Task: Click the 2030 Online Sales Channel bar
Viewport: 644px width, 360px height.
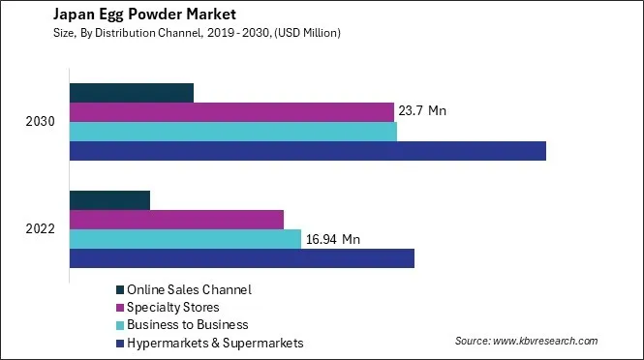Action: [x=132, y=93]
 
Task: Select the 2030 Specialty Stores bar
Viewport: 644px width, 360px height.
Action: [x=231, y=112]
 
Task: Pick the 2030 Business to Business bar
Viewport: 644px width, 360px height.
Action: [x=233, y=132]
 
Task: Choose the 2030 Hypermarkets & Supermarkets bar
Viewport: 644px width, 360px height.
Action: [x=308, y=151]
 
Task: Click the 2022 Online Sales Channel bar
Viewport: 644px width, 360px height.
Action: [x=109, y=200]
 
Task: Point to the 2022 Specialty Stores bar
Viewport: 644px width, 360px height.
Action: [x=176, y=220]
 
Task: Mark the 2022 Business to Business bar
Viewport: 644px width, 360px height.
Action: [x=185, y=239]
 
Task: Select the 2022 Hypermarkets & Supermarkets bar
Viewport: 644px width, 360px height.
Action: [x=242, y=258]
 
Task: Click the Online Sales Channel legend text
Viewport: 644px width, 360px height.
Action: [x=190, y=289]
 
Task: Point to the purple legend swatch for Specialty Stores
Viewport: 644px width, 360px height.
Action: [x=120, y=308]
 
